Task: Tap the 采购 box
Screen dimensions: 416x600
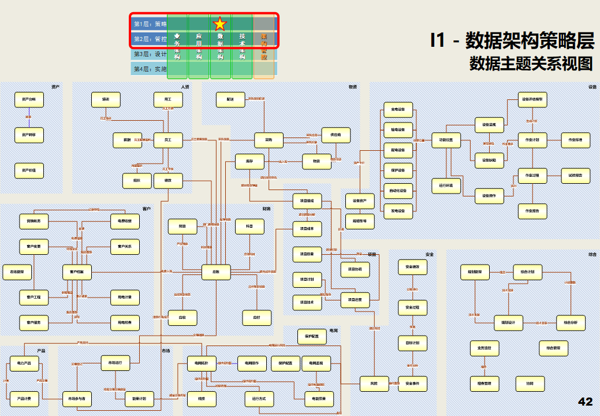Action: click(269, 140)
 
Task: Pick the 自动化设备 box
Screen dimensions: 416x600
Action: click(398, 191)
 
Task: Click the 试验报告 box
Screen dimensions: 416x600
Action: click(576, 175)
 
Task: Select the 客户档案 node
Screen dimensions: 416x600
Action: click(77, 272)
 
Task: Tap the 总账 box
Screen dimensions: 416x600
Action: click(216, 272)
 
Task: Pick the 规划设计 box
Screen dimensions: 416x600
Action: click(508, 322)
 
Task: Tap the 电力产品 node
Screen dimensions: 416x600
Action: click(24, 363)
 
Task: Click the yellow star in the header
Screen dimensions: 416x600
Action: click(220, 24)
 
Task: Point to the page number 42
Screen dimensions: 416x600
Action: click(585, 402)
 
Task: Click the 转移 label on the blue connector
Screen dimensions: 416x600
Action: click(28, 117)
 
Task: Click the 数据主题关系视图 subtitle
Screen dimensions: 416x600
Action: click(531, 63)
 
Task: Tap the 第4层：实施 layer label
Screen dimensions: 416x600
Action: click(150, 69)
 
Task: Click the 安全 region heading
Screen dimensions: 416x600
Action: click(429, 254)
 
